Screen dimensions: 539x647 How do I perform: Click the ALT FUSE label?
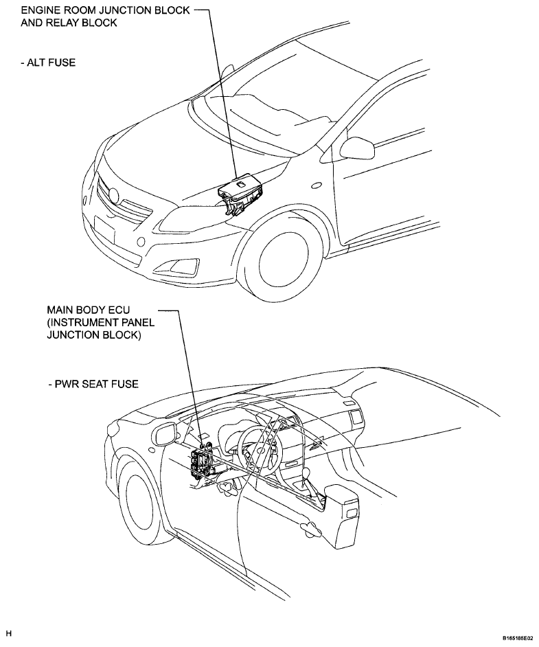tap(48, 63)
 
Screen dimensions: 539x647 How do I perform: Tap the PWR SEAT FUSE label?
tap(93, 384)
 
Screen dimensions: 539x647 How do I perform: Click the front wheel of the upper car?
tap(284, 258)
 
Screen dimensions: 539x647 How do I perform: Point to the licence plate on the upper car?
tap(104, 230)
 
